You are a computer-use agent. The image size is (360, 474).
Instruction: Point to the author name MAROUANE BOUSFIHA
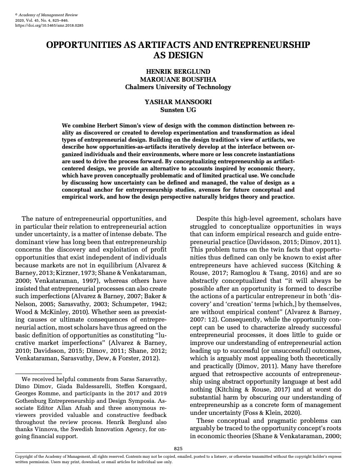(178, 80)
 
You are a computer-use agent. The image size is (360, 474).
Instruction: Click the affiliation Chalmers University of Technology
(178, 87)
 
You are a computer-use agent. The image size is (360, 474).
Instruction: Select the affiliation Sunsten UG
(178, 110)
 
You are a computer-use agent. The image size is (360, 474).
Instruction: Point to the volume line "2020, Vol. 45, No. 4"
(35, 20)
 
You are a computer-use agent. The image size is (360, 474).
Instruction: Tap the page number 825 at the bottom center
(178, 448)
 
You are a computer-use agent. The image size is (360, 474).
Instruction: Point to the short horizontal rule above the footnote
(38, 374)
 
